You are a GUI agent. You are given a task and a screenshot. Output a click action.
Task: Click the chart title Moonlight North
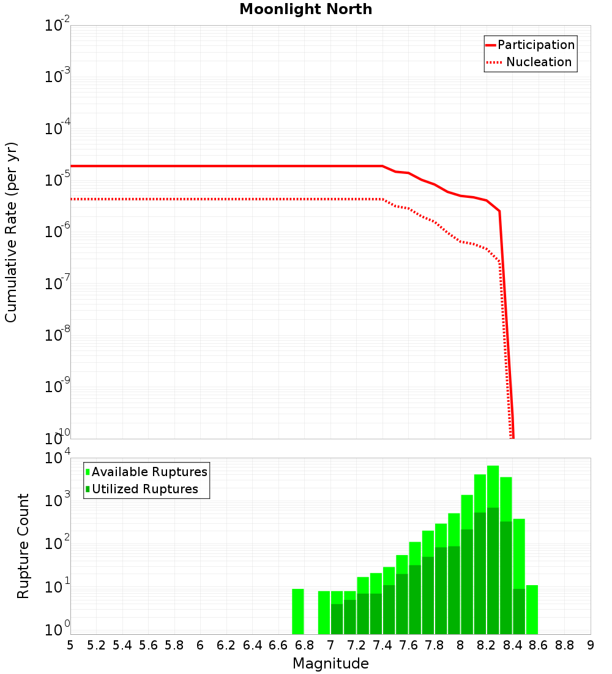pyautogui.click(x=305, y=9)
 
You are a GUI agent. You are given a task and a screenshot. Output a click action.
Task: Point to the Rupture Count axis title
pyautogui.click(x=23, y=546)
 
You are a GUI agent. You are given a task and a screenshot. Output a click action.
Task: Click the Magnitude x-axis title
pyautogui.click(x=330, y=664)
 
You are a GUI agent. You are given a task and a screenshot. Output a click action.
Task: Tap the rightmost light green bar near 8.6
pyautogui.click(x=532, y=610)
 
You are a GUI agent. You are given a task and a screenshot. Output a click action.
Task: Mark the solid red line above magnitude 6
pyautogui.click(x=200, y=166)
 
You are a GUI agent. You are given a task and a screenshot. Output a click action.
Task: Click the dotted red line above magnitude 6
pyautogui.click(x=200, y=199)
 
